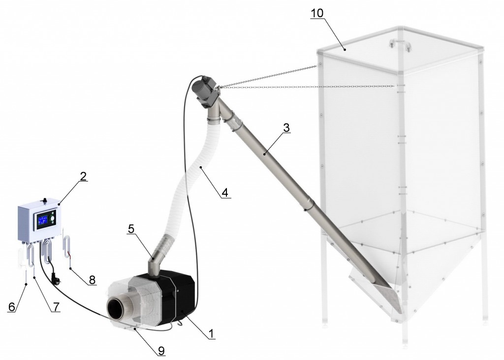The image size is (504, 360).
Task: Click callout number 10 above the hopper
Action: click(x=317, y=13)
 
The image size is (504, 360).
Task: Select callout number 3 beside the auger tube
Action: click(x=286, y=127)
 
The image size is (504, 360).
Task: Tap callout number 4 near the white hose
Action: click(x=225, y=193)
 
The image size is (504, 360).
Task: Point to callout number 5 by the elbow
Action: click(x=131, y=229)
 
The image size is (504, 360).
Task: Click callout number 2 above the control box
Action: click(x=83, y=176)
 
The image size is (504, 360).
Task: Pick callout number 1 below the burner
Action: click(x=211, y=334)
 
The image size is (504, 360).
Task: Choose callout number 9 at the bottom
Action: click(x=161, y=351)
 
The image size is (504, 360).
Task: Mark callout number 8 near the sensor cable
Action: click(x=92, y=280)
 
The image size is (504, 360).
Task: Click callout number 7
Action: click(x=56, y=307)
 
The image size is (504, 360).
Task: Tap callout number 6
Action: click(x=12, y=307)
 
